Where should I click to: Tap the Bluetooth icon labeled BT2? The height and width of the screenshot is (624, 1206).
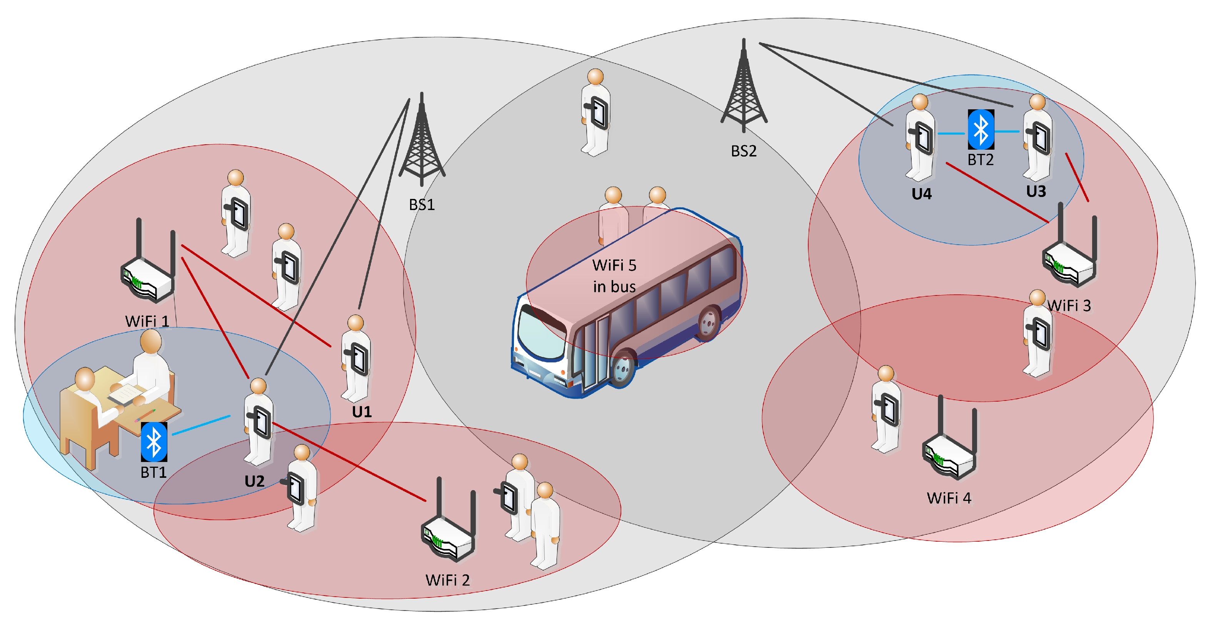pos(980,130)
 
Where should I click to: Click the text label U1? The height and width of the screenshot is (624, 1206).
pos(362,412)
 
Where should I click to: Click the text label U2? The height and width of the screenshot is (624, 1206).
pos(254,481)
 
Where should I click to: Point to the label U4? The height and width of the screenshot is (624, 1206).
pos(921,194)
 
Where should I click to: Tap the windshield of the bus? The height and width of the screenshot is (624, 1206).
pos(541,335)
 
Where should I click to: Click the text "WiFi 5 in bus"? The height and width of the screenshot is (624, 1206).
pos(614,276)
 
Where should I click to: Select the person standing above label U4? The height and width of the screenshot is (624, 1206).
pos(920,138)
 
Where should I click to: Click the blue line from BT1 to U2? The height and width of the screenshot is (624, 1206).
pos(201,425)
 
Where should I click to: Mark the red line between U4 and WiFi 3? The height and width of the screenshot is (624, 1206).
pos(997,192)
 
